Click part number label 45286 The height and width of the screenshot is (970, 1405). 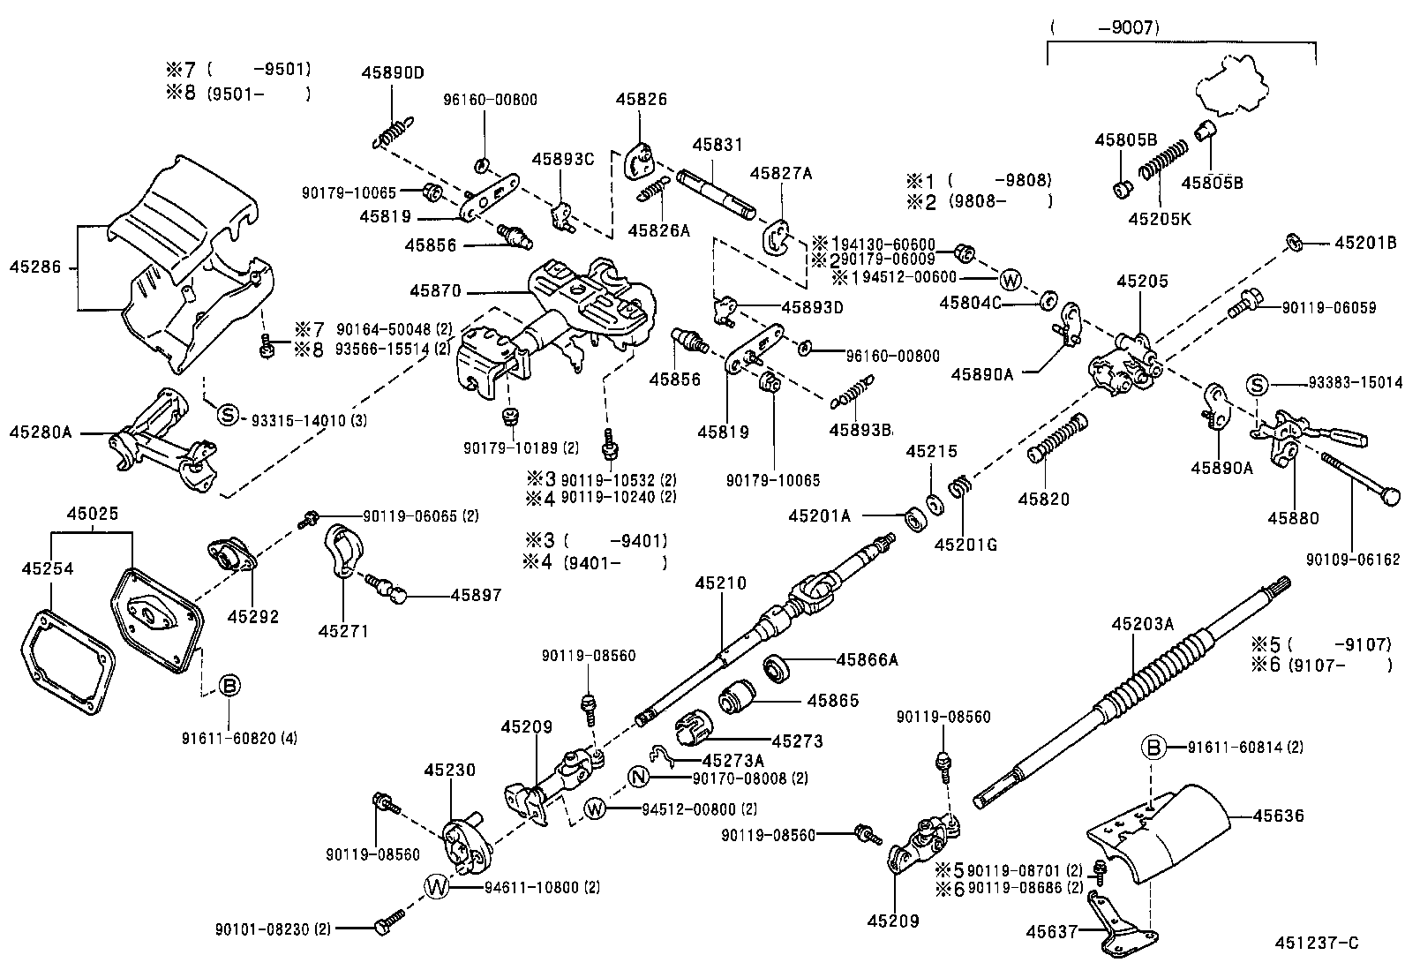(35, 266)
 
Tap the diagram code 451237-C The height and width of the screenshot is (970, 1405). (1315, 944)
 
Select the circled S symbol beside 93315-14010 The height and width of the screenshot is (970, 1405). (228, 414)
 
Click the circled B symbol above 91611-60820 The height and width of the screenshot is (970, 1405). (229, 685)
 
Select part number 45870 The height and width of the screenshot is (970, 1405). (435, 289)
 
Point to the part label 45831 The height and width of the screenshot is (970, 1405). (717, 144)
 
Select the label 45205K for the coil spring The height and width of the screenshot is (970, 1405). (1159, 218)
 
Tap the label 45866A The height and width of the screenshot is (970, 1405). (867, 658)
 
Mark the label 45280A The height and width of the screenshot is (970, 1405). (40, 432)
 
